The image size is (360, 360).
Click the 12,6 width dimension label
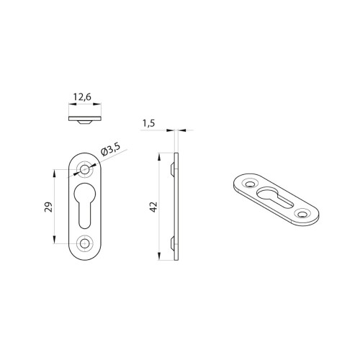pos(82,97)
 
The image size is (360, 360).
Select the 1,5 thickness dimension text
pos(149,123)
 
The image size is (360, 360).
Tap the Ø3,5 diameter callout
pos(111,149)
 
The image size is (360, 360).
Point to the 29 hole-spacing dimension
pos(48,207)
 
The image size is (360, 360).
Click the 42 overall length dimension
pos(153,207)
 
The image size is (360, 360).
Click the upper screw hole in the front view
pos(84,170)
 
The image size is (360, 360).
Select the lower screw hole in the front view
pos(84,244)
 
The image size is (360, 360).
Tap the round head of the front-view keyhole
pos(85,193)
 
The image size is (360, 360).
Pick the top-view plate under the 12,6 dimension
pos(85,119)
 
